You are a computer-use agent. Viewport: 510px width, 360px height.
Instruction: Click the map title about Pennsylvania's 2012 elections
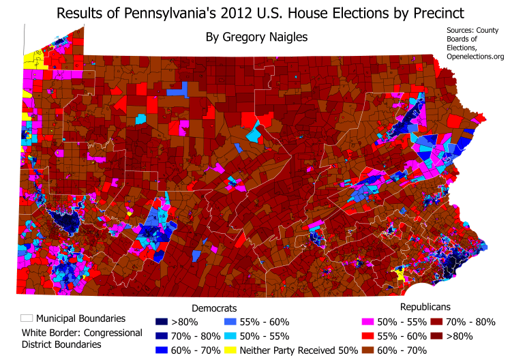256,14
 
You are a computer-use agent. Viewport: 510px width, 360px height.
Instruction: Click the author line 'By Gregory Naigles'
254,37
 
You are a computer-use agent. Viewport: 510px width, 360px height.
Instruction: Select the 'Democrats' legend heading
214,307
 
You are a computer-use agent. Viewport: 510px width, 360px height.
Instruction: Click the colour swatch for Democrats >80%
158,322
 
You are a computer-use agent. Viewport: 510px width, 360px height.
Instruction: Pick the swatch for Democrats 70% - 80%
158,336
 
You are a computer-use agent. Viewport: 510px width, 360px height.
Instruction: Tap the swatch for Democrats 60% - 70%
158,350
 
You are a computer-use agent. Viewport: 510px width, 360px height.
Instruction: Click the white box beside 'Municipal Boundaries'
27,318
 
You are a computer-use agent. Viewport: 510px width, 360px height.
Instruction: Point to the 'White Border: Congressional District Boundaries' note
82,338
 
